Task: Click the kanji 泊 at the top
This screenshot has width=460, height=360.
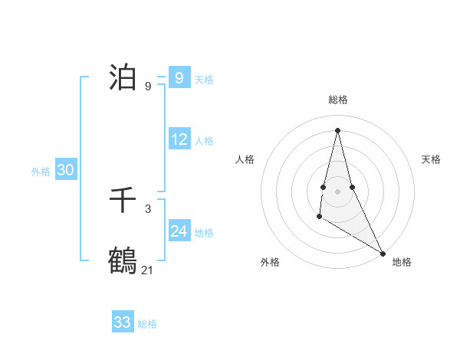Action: [123, 77]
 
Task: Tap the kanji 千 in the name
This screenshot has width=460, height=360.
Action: [123, 201]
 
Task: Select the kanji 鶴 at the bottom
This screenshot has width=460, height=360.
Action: [123, 260]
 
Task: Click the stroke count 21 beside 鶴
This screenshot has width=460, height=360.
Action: [148, 270]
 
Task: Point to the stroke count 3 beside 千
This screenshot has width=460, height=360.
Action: [148, 208]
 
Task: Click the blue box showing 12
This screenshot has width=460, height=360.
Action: [179, 139]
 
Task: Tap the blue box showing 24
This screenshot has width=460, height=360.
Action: [179, 231]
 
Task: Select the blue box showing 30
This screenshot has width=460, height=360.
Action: [65, 170]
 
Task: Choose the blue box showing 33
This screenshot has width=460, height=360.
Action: [123, 322]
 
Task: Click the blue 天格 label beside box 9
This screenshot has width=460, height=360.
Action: [204, 80]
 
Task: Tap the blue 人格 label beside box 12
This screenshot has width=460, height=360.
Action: [204, 141]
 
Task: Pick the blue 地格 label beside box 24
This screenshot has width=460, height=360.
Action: [204, 233]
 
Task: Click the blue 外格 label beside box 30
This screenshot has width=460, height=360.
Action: [41, 172]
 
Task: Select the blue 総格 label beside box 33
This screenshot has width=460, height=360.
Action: [147, 324]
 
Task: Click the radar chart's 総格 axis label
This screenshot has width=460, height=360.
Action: [337, 100]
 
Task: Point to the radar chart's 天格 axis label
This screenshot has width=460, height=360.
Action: [432, 159]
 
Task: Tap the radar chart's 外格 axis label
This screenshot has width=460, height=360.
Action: [270, 262]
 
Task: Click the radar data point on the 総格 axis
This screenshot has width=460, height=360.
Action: [337, 129]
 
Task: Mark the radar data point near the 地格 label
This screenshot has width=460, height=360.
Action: [383, 253]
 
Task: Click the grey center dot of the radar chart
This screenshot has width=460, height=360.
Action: [337, 191]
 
